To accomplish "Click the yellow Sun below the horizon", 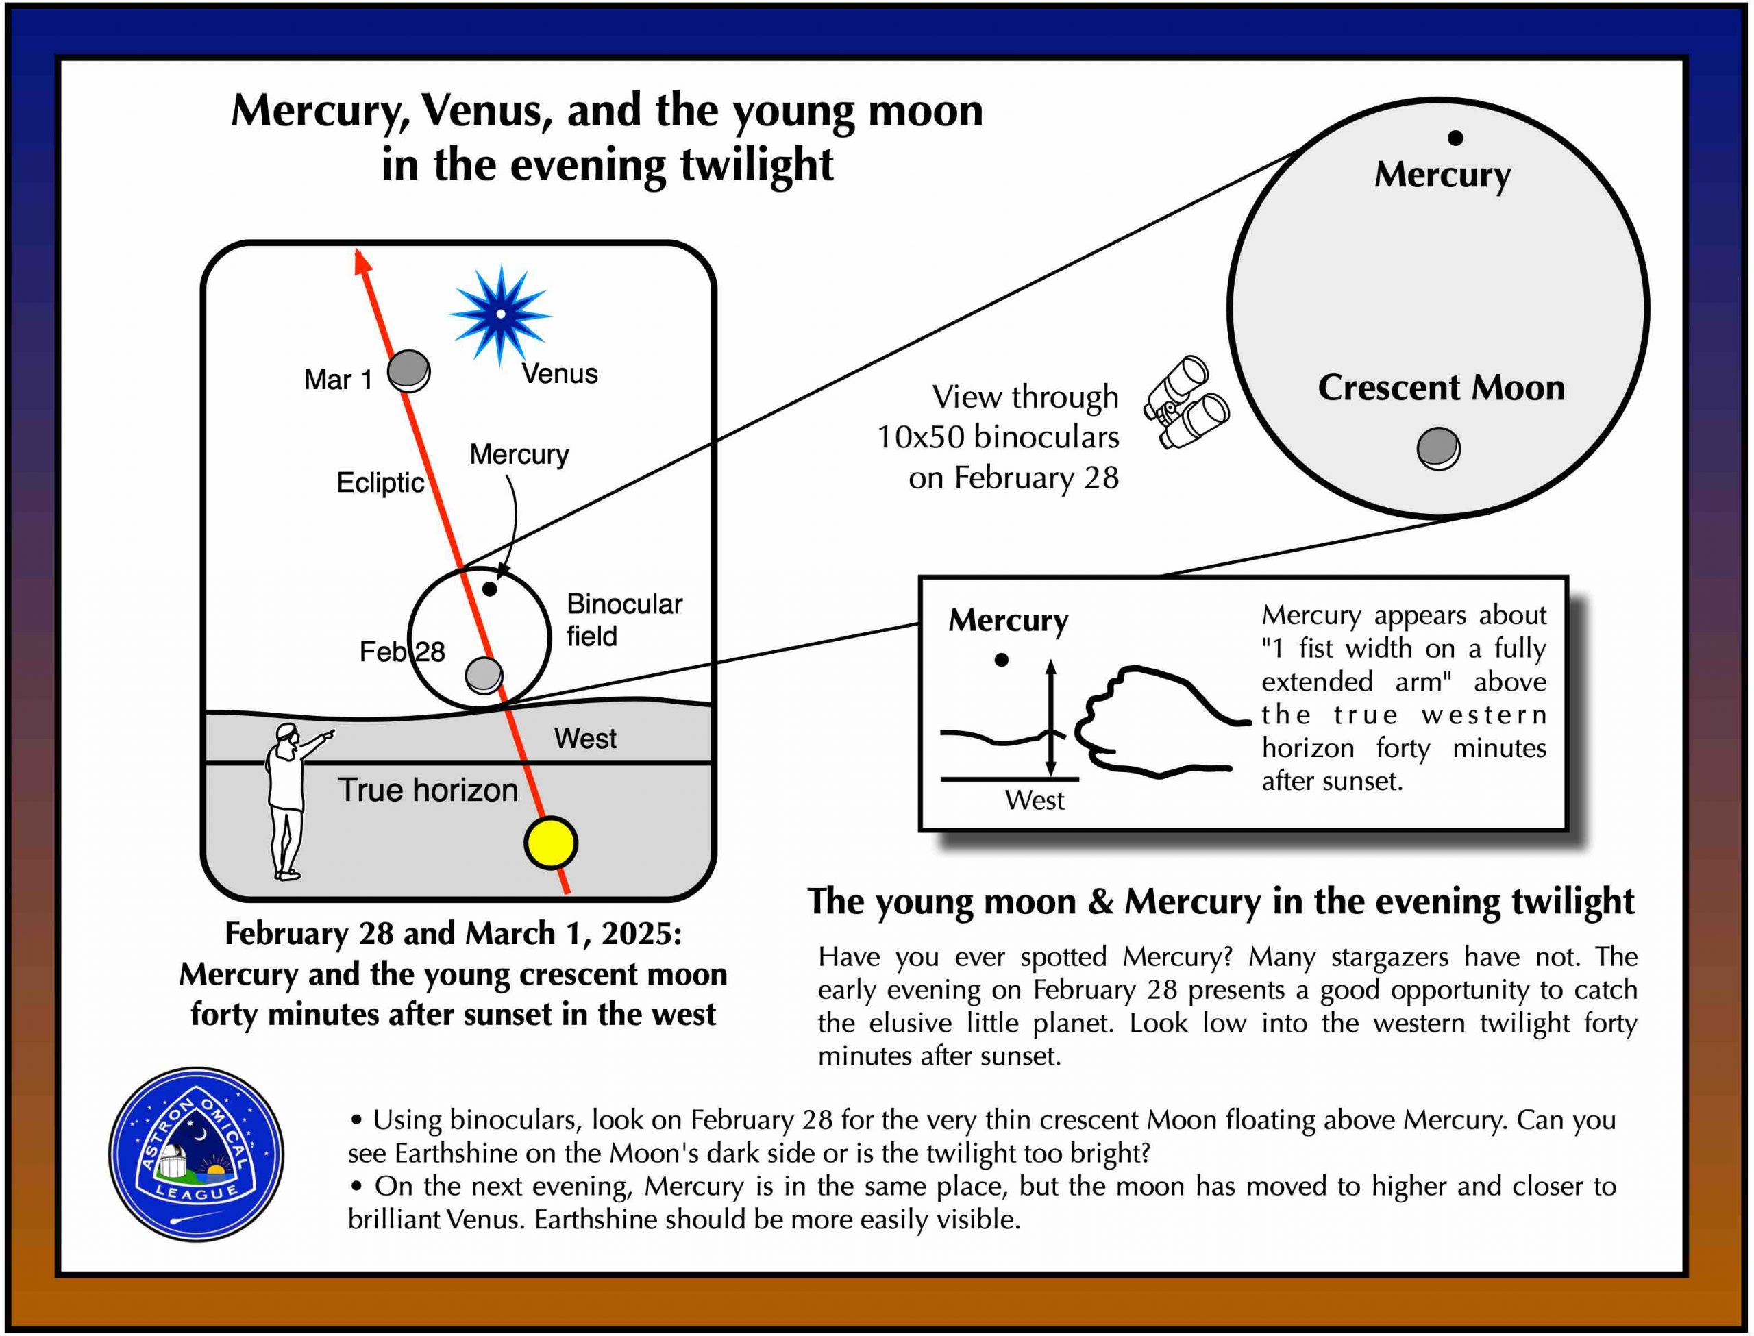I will [x=550, y=843].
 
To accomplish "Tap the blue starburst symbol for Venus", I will [x=500, y=314].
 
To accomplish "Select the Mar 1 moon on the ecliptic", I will [x=408, y=371].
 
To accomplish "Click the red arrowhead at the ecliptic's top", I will [x=362, y=262].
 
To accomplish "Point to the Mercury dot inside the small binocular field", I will [x=490, y=589].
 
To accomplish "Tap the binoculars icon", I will [x=1185, y=401].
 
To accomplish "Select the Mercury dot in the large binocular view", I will [x=1455, y=138].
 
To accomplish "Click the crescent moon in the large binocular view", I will [x=1437, y=449].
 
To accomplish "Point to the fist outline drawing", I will [x=1153, y=719].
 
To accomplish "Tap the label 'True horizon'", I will [x=428, y=791].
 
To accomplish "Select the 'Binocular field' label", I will [x=623, y=620].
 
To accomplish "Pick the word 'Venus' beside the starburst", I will [x=559, y=374].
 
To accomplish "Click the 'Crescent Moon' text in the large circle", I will [x=1441, y=388].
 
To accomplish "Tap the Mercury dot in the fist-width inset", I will [x=1002, y=659].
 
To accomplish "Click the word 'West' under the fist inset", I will [x=1034, y=801].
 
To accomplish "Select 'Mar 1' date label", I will [x=338, y=380].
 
